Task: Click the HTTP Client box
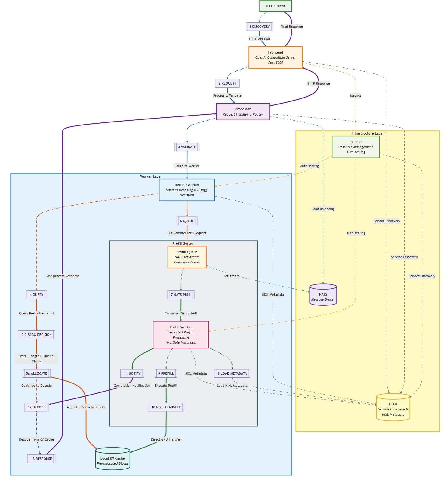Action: click(x=275, y=6)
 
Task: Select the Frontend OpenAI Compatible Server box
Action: click(x=275, y=57)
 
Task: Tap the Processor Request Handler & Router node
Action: click(x=243, y=112)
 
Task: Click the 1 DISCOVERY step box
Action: click(x=259, y=26)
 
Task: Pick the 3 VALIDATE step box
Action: click(x=187, y=147)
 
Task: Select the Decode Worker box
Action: click(x=187, y=190)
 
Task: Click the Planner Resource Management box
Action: click(x=356, y=147)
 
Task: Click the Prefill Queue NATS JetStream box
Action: click(x=187, y=257)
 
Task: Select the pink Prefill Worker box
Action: click(x=181, y=335)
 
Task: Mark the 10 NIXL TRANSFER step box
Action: click(x=166, y=407)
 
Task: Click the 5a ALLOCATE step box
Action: click(x=36, y=373)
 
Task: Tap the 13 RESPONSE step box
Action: click(x=41, y=459)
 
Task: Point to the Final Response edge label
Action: click(x=291, y=26)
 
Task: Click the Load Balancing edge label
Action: click(x=323, y=209)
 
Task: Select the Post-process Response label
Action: click(x=62, y=276)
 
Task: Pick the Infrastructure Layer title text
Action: click(x=367, y=133)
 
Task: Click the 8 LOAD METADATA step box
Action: click(x=232, y=373)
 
